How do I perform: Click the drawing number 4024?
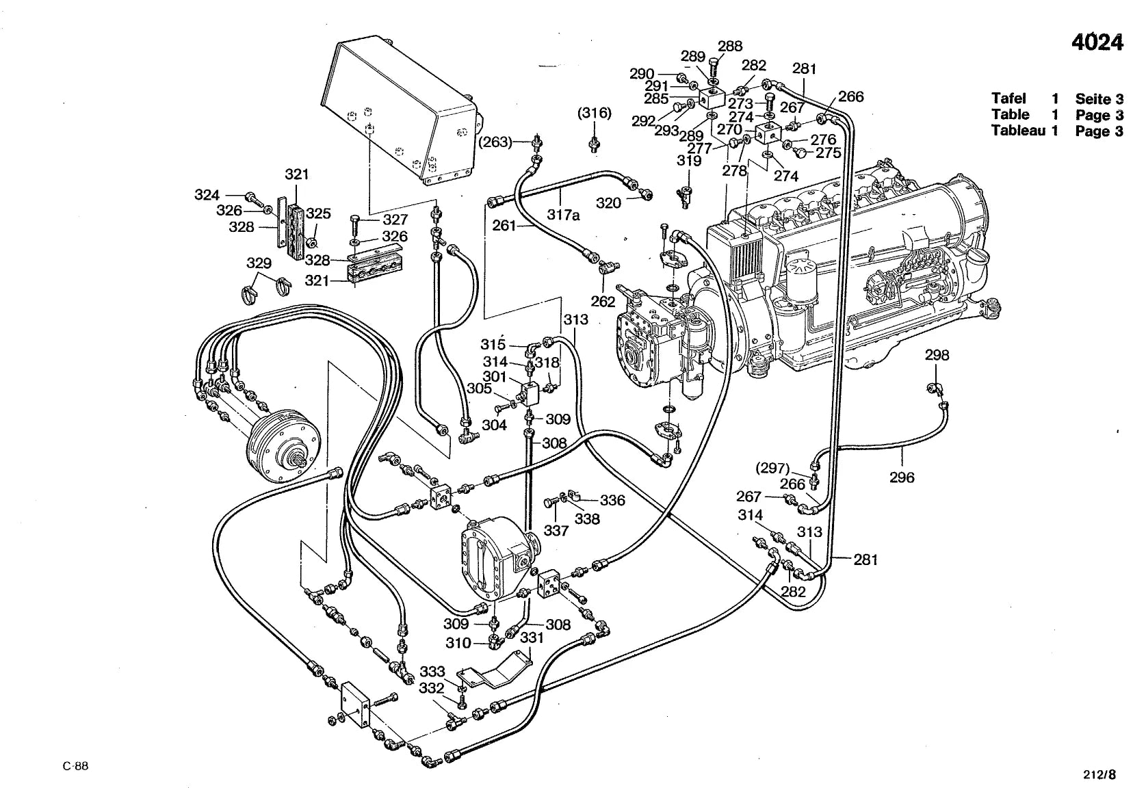coord(1097,42)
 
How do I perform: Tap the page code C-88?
coord(75,766)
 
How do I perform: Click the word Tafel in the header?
coord(1008,98)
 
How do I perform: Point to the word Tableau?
coord(1018,131)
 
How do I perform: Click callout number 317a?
coord(564,215)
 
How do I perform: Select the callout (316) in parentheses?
coord(595,113)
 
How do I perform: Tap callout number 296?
coord(902,477)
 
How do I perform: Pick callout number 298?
coord(937,355)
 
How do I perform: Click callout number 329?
coord(259,263)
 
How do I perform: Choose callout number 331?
coord(532,638)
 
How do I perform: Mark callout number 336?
coord(612,500)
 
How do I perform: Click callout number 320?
coord(608,203)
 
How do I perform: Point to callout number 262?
coord(603,302)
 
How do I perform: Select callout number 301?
coord(494,376)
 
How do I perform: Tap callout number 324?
coord(207,195)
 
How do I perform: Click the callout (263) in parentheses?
coord(495,142)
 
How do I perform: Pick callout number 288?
coord(730,46)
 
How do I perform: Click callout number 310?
coord(458,643)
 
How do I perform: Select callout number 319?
coord(689,161)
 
